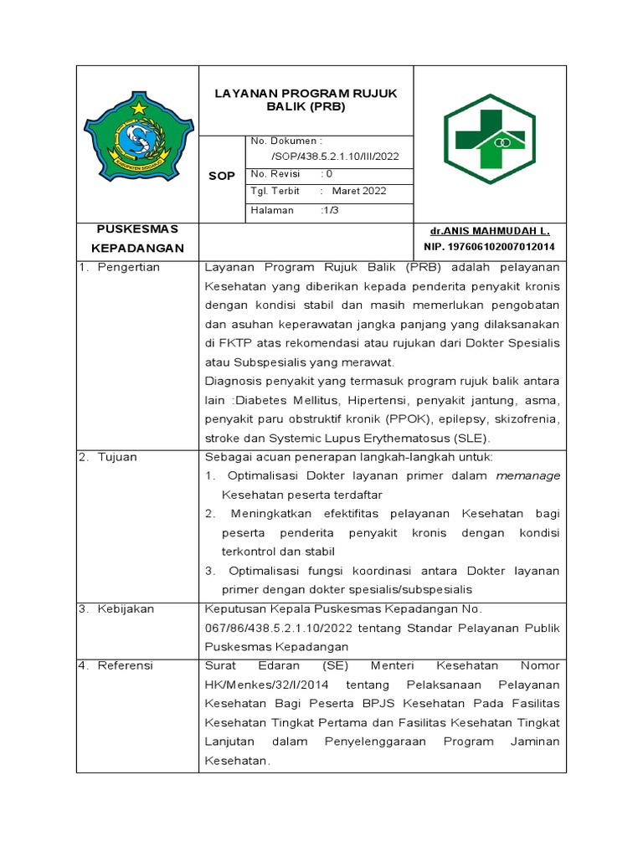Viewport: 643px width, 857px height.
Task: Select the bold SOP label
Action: click(221, 176)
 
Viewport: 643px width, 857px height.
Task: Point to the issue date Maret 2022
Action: click(359, 191)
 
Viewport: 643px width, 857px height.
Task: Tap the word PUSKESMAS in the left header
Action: click(136, 228)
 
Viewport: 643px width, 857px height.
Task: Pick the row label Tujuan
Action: click(117, 457)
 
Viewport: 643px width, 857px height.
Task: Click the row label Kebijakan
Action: click(126, 609)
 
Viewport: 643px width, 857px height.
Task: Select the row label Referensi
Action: click(126, 666)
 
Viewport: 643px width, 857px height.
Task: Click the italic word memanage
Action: click(528, 476)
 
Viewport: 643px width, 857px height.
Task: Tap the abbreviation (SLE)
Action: click(473, 439)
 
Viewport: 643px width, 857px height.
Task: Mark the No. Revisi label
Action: click(275, 174)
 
